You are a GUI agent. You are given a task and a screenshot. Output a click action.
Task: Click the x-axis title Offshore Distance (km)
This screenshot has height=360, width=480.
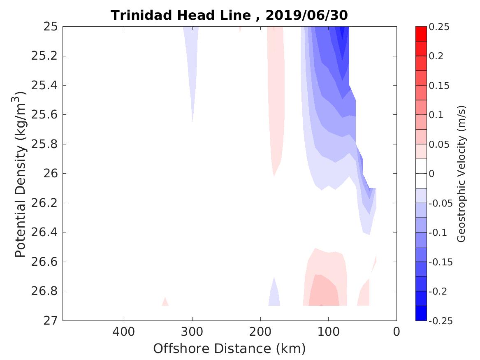(x=229, y=348)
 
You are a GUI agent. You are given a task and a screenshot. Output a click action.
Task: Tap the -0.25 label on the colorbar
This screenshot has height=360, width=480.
(x=440, y=321)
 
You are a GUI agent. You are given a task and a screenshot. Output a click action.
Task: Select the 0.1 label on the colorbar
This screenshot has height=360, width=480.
(x=436, y=115)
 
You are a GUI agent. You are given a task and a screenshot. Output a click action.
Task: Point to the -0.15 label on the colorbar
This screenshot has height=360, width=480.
(x=440, y=262)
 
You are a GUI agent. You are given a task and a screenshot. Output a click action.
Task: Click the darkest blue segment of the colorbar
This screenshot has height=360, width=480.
(x=421, y=313)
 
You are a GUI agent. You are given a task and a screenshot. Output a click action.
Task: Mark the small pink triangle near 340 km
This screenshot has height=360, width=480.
(x=165, y=302)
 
